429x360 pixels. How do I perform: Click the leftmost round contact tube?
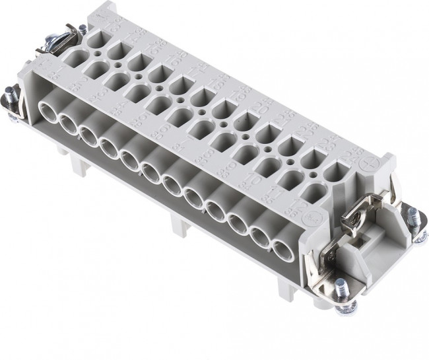[x=50, y=110]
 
